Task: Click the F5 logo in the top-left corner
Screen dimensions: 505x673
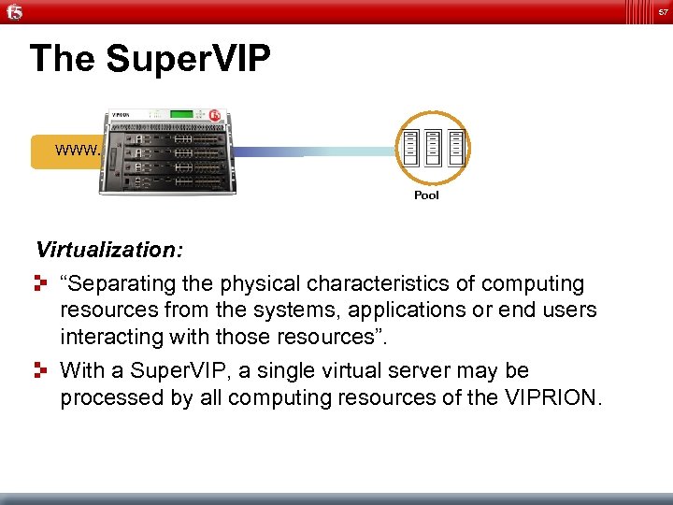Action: pos(15,12)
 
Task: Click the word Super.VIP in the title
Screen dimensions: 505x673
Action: pos(188,59)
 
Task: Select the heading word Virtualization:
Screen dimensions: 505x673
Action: pos(109,250)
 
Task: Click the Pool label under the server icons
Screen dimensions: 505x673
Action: pos(426,195)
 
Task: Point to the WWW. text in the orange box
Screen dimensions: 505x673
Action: pos(78,150)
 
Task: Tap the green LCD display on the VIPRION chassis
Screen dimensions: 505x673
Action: pos(180,115)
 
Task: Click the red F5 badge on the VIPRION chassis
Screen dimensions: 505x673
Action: pos(216,116)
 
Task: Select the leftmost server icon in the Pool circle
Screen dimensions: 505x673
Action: pos(409,147)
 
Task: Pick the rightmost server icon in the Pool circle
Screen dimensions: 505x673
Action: pos(456,147)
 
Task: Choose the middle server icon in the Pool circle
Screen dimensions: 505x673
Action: pos(433,147)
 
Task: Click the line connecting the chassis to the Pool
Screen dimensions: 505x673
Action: pos(318,151)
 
